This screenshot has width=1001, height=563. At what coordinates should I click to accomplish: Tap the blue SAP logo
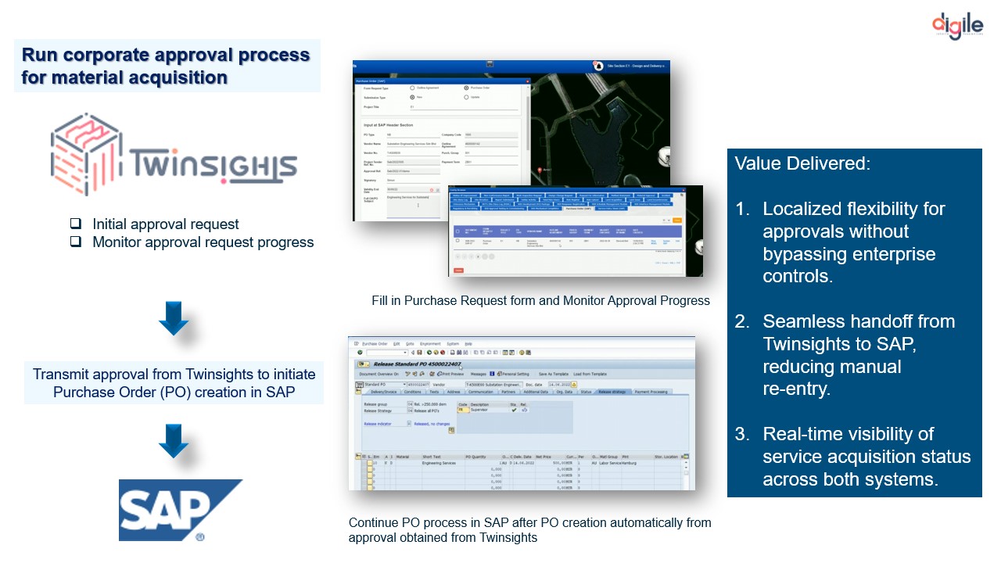(180, 510)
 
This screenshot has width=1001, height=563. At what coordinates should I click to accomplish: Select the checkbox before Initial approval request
(76, 224)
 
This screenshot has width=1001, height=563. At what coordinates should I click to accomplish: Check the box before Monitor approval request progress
(76, 242)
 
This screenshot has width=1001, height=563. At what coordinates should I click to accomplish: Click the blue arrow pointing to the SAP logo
(174, 441)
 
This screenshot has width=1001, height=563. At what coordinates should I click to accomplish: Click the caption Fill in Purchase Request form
(540, 300)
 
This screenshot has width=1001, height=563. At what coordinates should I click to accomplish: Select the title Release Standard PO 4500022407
(414, 364)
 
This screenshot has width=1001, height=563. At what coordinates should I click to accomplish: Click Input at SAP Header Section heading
(389, 125)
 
